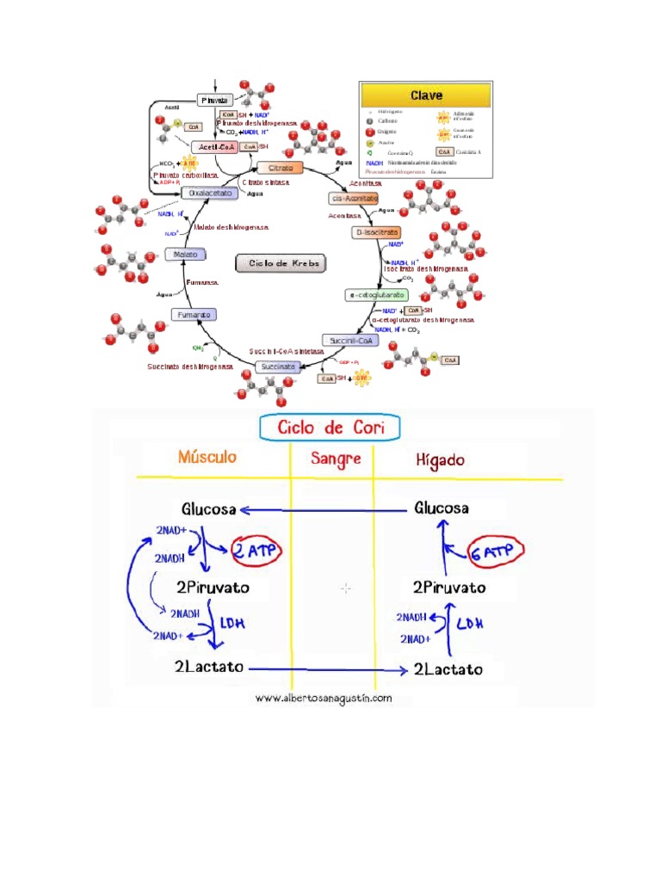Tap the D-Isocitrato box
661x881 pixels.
pyautogui.click(x=376, y=232)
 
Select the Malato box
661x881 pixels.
pyautogui.click(x=185, y=256)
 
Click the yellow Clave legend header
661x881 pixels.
pyautogui.click(x=425, y=95)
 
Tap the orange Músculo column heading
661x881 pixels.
pyautogui.click(x=207, y=456)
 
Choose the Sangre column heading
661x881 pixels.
pyautogui.click(x=336, y=459)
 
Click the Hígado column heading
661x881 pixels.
pyautogui.click(x=441, y=459)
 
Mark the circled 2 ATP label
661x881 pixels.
pyautogui.click(x=256, y=550)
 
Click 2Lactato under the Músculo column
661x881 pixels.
pyautogui.click(x=209, y=667)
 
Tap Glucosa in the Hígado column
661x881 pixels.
pyautogui.click(x=442, y=508)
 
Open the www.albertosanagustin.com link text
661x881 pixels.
pyautogui.click(x=324, y=698)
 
